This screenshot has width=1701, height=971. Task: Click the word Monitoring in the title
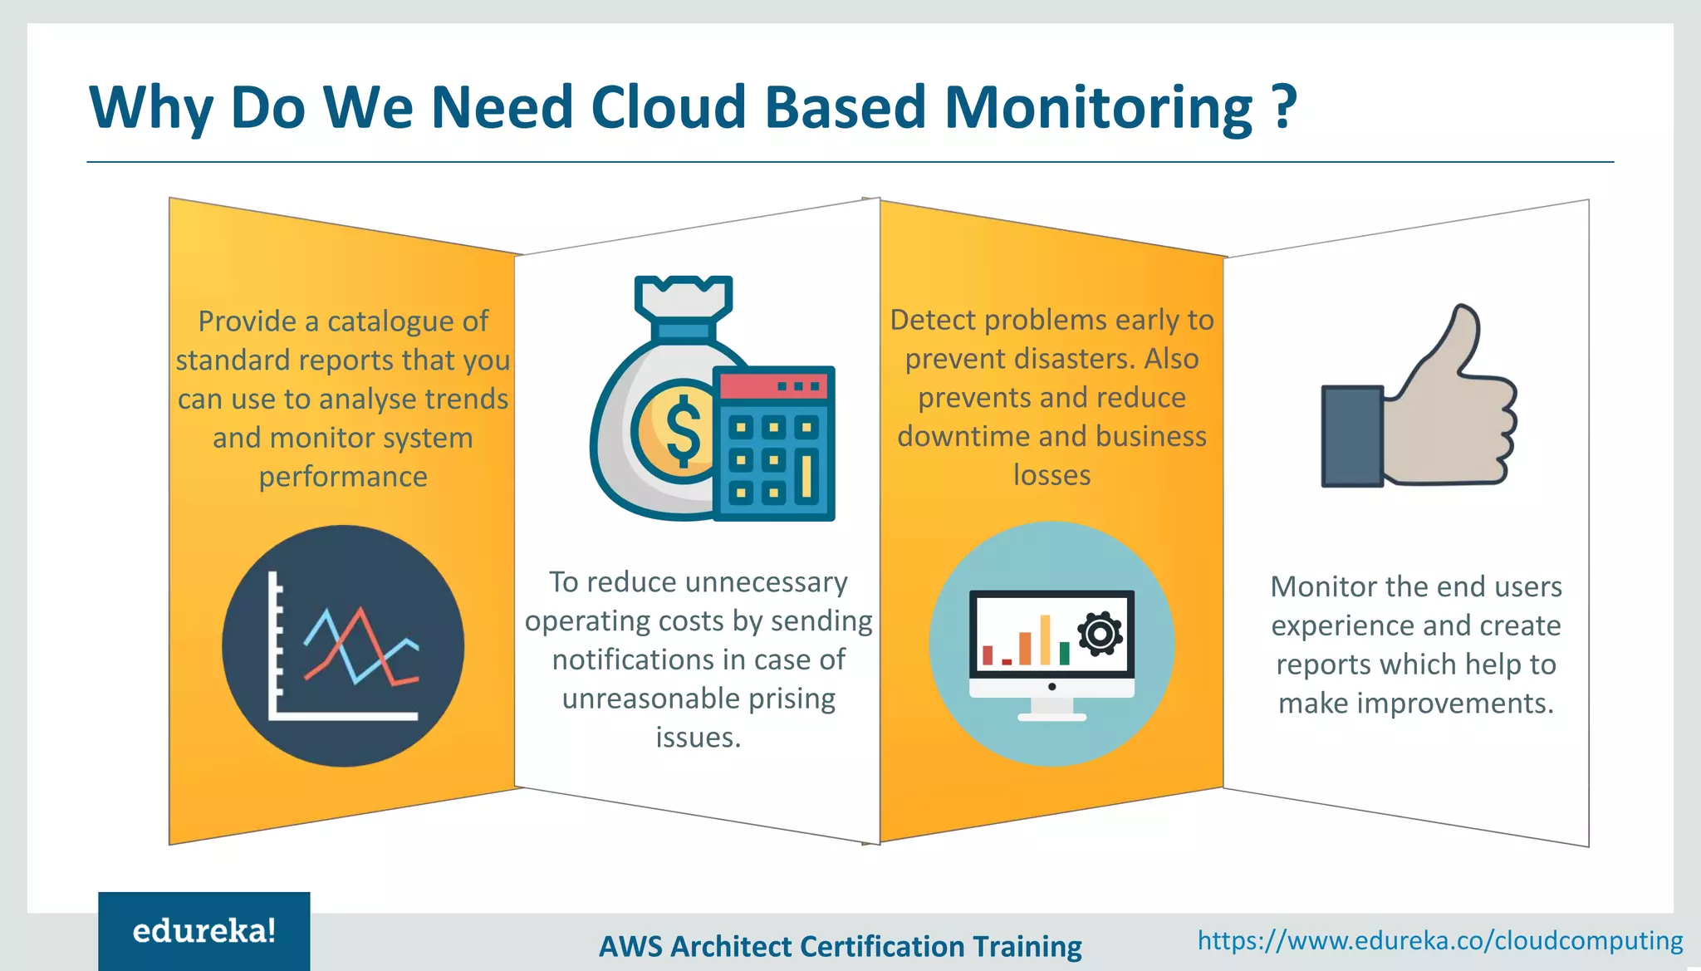tap(1098, 108)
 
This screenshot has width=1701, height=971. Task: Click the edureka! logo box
tap(204, 930)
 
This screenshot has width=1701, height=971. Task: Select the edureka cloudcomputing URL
tap(1439, 940)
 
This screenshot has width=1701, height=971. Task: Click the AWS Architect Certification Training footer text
tap(840, 946)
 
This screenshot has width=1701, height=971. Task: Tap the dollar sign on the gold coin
tap(683, 430)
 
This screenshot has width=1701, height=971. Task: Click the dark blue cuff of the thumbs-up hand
tap(1351, 436)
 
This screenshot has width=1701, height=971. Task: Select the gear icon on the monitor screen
tap(1101, 635)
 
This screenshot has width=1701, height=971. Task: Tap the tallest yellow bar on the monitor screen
tap(1045, 640)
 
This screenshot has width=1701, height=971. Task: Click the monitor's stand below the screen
tap(1051, 709)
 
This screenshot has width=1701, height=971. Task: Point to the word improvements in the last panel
tap(1455, 704)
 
